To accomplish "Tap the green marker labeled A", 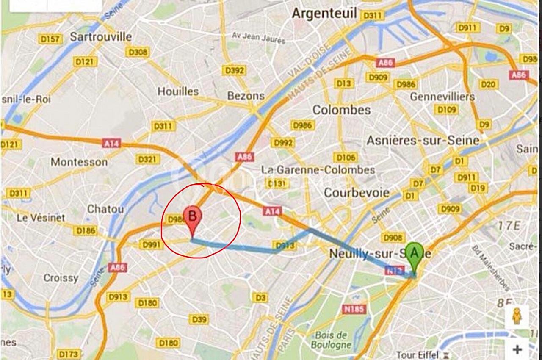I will pyautogui.click(x=414, y=254).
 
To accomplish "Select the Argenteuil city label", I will pyautogui.click(x=324, y=13).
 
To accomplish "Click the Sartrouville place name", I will pyautogui.click(x=101, y=37).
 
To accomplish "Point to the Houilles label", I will pyautogui.click(x=178, y=91).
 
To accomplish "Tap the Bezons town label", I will pyautogui.click(x=246, y=96).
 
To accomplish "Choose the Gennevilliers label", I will pyautogui.click(x=442, y=97).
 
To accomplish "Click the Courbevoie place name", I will pyautogui.click(x=357, y=193).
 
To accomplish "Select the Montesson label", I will pyautogui.click(x=79, y=162).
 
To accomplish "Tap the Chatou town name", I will pyautogui.click(x=105, y=209).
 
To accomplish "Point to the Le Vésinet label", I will pyautogui.click(x=41, y=218).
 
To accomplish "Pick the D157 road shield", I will pyautogui.click(x=50, y=39).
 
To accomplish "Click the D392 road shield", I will pyautogui.click(x=235, y=70).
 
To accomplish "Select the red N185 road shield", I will pyautogui.click(x=354, y=309).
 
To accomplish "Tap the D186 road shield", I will pyautogui.click(x=85, y=231).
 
